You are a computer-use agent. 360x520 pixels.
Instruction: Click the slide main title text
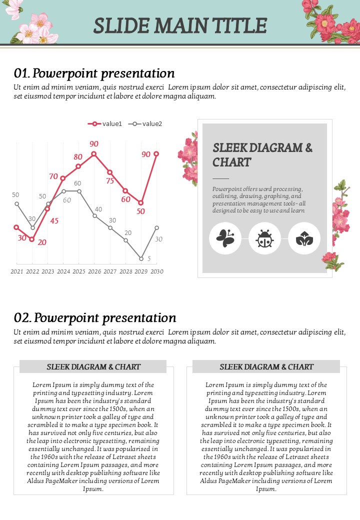(x=180, y=25)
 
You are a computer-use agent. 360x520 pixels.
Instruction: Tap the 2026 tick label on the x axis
(x=94, y=271)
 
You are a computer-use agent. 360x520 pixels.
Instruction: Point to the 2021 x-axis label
(x=16, y=271)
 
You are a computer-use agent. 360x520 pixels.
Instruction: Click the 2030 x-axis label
(x=156, y=271)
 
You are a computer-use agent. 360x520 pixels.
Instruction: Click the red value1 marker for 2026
(x=94, y=154)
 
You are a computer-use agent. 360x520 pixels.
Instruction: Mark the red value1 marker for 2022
(x=32, y=239)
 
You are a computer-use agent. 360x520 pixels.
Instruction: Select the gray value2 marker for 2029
(x=141, y=258)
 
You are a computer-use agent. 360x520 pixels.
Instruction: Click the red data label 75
(x=110, y=181)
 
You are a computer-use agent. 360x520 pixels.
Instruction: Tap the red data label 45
(x=54, y=220)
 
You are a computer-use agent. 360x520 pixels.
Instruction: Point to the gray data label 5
(x=149, y=259)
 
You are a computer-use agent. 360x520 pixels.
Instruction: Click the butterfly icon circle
(x=225, y=238)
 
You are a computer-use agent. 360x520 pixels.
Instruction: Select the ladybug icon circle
(x=264, y=238)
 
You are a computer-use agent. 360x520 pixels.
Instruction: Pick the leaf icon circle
(x=304, y=238)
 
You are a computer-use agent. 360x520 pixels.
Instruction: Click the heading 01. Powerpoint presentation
(x=94, y=73)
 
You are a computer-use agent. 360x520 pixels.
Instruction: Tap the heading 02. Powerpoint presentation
(x=95, y=318)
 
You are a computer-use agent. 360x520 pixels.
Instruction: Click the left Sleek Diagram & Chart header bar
(x=93, y=366)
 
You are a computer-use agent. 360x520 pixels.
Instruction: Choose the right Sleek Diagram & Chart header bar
(x=266, y=366)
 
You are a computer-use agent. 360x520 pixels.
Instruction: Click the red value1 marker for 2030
(x=156, y=154)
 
